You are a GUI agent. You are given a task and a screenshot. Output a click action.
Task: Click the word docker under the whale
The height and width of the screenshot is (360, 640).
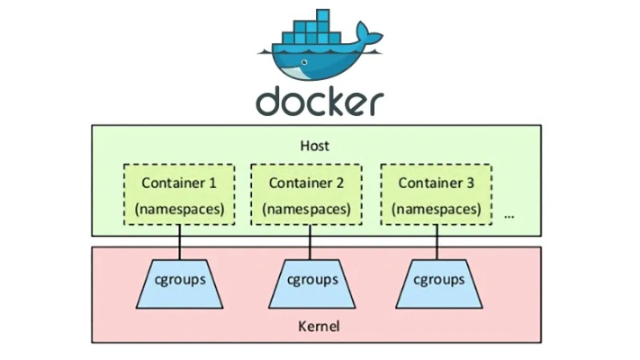320,101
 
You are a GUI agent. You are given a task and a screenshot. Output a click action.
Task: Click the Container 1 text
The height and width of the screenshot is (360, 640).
179,183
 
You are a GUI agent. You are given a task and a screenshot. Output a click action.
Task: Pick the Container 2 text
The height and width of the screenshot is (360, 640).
305,183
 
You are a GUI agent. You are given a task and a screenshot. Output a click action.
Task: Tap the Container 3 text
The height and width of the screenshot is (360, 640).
437,183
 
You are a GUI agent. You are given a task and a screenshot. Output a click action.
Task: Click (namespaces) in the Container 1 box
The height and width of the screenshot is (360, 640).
179,209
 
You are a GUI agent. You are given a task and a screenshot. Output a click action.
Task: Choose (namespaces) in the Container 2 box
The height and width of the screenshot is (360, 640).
305,209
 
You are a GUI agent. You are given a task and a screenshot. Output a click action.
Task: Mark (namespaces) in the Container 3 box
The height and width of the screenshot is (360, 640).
437,209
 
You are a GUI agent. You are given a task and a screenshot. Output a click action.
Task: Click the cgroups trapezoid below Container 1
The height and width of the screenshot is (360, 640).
179,280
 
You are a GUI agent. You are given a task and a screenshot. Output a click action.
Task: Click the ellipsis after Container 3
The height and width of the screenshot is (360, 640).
509,216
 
